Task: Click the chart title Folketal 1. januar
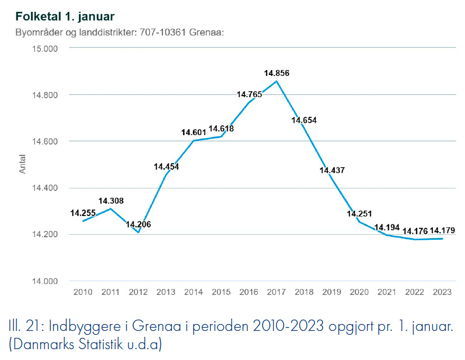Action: pyautogui.click(x=65, y=17)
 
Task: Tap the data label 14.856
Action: pyautogui.click(x=276, y=73)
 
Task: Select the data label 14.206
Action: pyautogui.click(x=138, y=224)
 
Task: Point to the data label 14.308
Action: pyautogui.click(x=111, y=201)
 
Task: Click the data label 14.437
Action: pyautogui.click(x=332, y=170)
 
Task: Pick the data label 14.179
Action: pyautogui.click(x=442, y=230)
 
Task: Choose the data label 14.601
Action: pyautogui.click(x=194, y=132)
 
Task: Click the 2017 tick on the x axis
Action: pyautogui.click(x=276, y=292)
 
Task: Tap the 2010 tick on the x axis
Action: pyautogui.click(x=83, y=292)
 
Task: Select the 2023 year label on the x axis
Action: pyautogui.click(x=442, y=292)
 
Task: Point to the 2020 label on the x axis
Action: pyautogui.click(x=359, y=292)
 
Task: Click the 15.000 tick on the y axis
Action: pyautogui.click(x=45, y=48)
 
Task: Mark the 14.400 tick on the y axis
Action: pyautogui.click(x=45, y=188)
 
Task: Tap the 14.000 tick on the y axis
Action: pyautogui.click(x=45, y=281)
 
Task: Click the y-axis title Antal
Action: pyautogui.click(x=23, y=165)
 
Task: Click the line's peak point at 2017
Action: pyautogui.click(x=276, y=81)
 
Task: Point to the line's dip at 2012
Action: pyautogui.click(x=138, y=233)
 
